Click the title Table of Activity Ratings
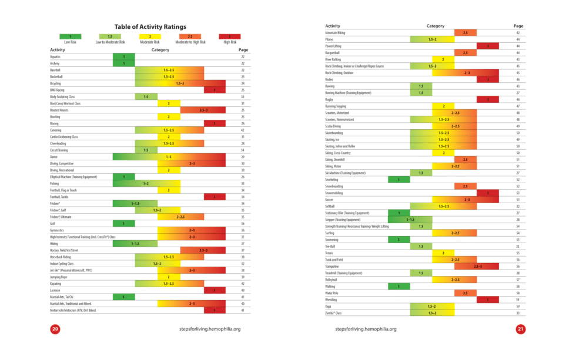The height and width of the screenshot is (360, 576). pyautogui.click(x=150, y=26)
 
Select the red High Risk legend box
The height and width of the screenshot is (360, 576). pyautogui.click(x=230, y=36)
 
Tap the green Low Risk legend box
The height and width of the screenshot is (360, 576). pyautogui.click(x=70, y=36)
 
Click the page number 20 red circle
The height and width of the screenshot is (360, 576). pyautogui.click(x=55, y=329)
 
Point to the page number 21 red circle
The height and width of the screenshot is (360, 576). pyautogui.click(x=520, y=329)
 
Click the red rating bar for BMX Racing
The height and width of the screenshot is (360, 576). pyautogui.click(x=215, y=90)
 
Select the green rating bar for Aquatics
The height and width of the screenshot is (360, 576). pyautogui.click(x=124, y=56)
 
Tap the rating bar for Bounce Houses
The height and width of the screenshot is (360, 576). pyautogui.click(x=203, y=110)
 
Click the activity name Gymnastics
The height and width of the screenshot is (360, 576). pyautogui.click(x=57, y=230)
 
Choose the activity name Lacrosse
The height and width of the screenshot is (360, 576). pyautogui.click(x=56, y=290)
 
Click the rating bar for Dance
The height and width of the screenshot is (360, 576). pyautogui.click(x=169, y=157)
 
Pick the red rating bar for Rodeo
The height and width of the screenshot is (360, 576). pyautogui.click(x=488, y=79)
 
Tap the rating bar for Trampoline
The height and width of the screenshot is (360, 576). pyautogui.click(x=477, y=266)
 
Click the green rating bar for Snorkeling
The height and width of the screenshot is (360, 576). pyautogui.click(x=399, y=180)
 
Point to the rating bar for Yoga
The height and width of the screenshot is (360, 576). pyautogui.click(x=432, y=306)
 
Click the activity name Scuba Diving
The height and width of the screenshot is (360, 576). pyautogui.click(x=334, y=126)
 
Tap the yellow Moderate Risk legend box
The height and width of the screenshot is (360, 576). pyautogui.click(x=150, y=36)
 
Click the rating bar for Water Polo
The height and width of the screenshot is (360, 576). pyautogui.click(x=466, y=292)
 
